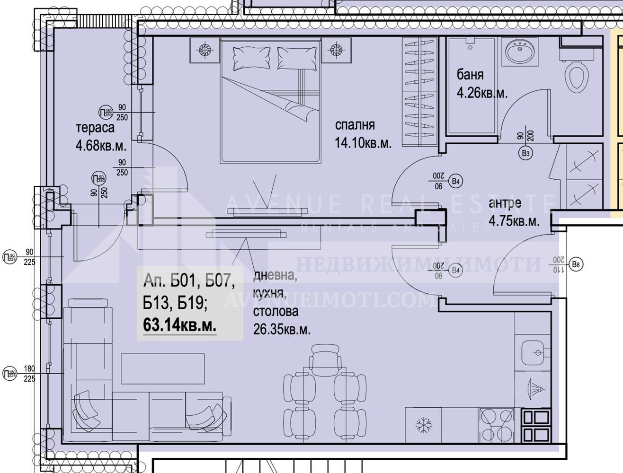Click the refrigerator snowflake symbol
(x=423, y=425)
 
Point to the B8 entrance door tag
(x=576, y=265)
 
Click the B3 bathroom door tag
(x=525, y=153)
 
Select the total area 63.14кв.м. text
(x=180, y=325)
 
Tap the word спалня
(x=355, y=125)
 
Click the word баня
(x=470, y=75)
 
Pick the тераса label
(x=95, y=128)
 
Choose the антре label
(x=505, y=204)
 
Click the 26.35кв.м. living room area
(x=282, y=330)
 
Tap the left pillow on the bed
(x=251, y=58)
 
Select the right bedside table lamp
(x=337, y=50)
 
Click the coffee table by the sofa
(x=162, y=369)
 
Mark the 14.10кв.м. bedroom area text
(x=363, y=143)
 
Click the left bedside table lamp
(x=205, y=50)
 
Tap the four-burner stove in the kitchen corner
(x=535, y=425)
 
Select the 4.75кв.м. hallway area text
(x=514, y=221)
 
